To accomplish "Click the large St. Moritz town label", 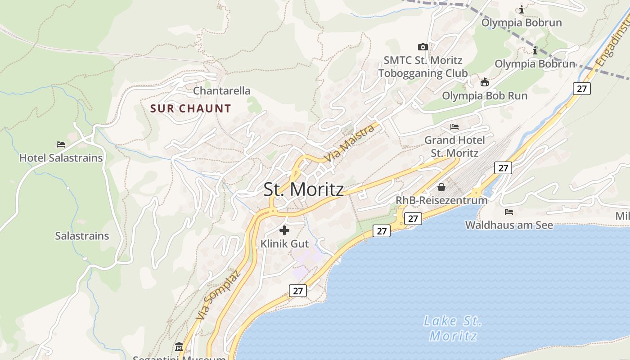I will coord(303,189).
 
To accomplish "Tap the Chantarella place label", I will coord(221,91).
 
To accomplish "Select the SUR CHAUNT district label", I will coord(190,108).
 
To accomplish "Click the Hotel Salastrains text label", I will coord(61,158).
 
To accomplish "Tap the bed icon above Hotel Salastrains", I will coord(61,144).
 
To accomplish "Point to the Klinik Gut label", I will coord(284,244).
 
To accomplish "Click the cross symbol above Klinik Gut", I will coord(284,231).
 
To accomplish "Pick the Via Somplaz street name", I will coord(218,295).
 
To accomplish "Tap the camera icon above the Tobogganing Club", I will coord(423,47).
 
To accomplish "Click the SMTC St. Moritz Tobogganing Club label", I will coord(423,67).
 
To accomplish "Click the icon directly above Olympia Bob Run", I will coord(485,82).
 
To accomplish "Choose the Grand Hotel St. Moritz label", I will coord(454,147).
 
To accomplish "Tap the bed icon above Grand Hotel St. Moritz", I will coord(454,127).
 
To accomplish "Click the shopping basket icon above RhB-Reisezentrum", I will coord(441,187).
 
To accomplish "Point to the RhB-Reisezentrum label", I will coord(441,200).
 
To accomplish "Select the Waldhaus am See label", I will coord(509,225).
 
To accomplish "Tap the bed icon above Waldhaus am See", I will coord(509,211).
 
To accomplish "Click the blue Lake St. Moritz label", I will coord(453,328).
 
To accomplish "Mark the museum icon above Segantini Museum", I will coord(180,347).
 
